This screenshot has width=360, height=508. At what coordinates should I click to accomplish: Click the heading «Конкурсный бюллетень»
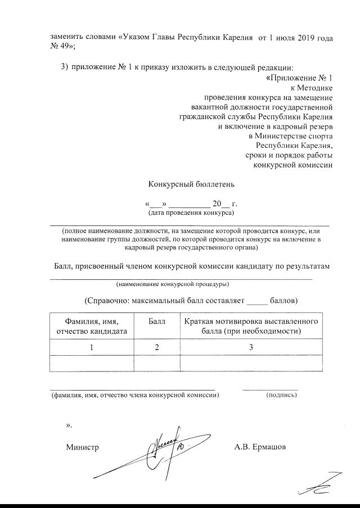(191, 184)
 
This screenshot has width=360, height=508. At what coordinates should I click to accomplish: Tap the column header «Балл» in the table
(157, 321)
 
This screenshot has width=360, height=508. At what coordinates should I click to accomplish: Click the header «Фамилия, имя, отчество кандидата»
(92, 326)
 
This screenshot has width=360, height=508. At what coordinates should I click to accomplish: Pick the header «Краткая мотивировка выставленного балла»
(252, 326)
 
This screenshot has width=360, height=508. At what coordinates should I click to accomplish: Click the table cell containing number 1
(92, 348)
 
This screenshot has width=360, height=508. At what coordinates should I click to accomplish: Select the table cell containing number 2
(157, 348)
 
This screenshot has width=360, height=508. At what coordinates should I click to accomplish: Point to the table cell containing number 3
(252, 348)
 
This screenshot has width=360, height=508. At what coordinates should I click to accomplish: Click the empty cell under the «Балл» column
(157, 364)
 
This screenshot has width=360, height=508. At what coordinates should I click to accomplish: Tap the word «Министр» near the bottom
(82, 447)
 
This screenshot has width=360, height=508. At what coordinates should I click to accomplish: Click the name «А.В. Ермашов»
(260, 447)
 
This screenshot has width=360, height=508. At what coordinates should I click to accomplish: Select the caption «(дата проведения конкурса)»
(191, 214)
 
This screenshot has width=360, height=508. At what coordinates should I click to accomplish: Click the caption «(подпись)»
(281, 395)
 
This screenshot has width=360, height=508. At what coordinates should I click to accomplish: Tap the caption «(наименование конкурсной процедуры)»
(172, 284)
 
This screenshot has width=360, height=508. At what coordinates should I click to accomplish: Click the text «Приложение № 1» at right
(301, 78)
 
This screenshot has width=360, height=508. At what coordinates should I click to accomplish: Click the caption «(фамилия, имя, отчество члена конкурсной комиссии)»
(132, 395)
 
